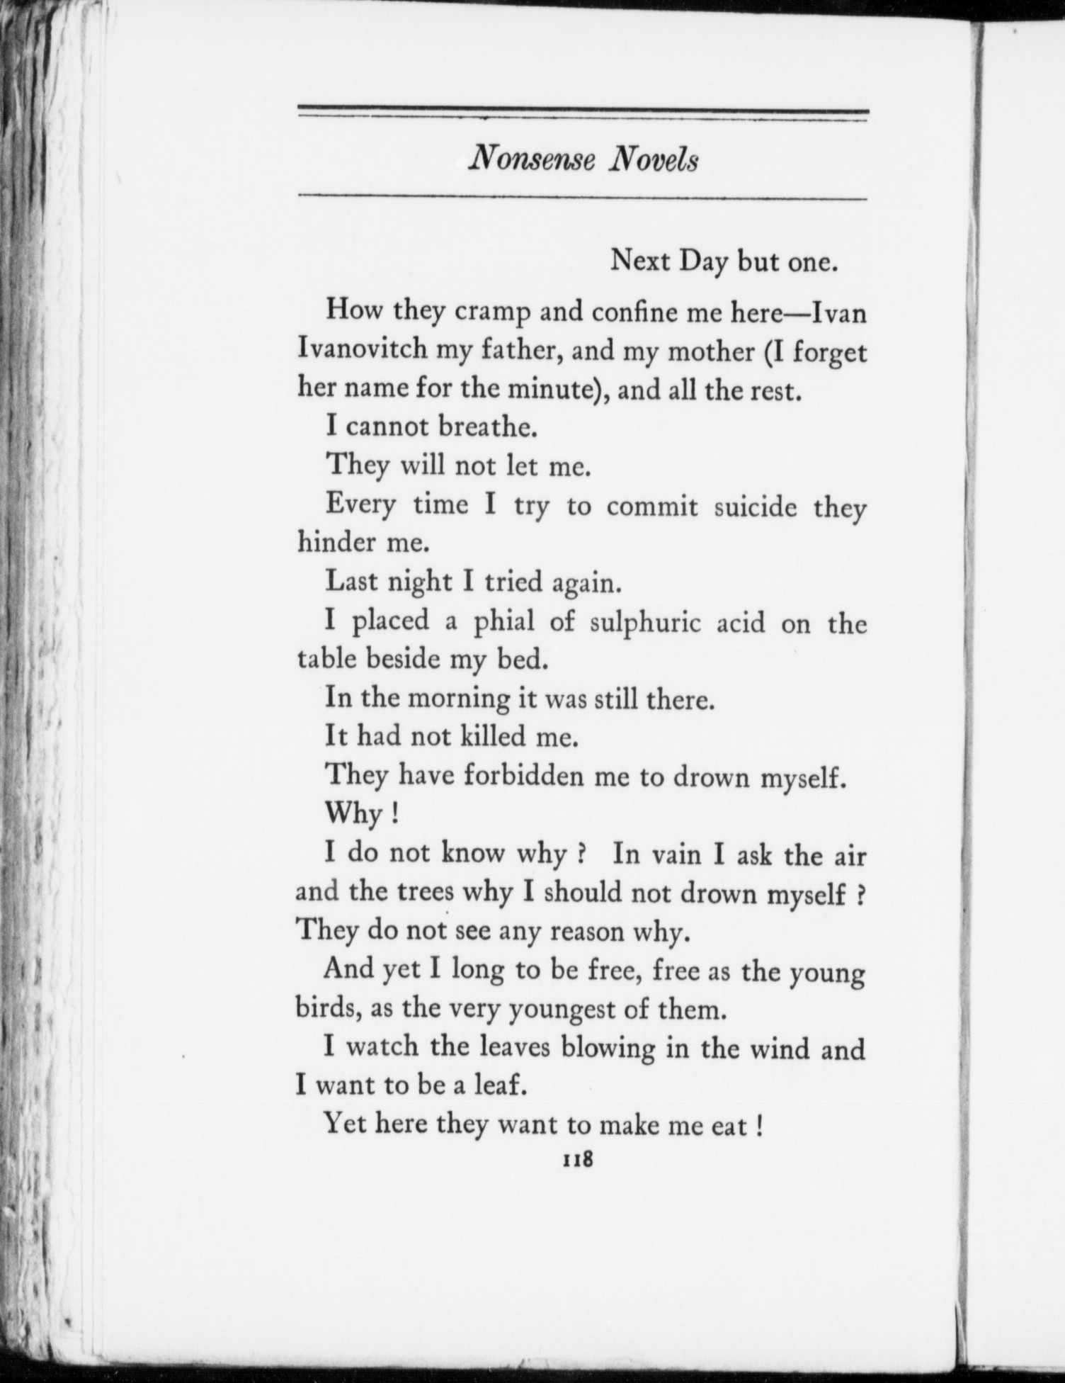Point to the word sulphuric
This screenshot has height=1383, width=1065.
645,623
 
